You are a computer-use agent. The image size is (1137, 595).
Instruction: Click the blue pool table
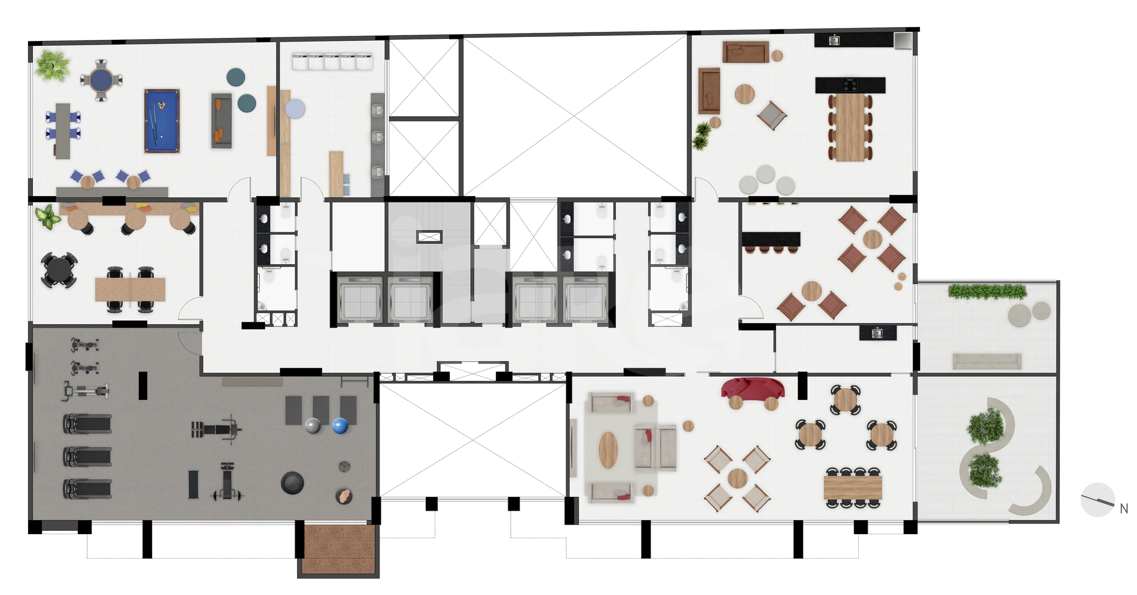[162, 121]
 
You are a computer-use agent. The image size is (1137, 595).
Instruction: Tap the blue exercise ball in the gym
[340, 426]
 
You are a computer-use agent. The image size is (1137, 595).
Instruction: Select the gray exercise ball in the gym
[313, 426]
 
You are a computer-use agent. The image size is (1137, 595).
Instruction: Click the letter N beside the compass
[1124, 509]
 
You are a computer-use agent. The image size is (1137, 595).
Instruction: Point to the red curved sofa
[753, 389]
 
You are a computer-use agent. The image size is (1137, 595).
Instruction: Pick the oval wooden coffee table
[608, 450]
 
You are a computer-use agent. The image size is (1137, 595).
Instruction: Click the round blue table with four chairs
[101, 80]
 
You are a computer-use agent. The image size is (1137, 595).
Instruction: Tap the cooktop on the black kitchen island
[850, 85]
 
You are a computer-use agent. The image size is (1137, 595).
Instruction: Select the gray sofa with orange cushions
[221, 121]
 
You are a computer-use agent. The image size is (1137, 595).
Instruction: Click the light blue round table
[295, 109]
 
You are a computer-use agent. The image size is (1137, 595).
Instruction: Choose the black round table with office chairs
[59, 270]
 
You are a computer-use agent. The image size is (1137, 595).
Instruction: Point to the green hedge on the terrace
[987, 291]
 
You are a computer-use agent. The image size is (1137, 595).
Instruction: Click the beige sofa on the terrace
[987, 361]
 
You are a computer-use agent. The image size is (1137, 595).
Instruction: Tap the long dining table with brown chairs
[850, 127]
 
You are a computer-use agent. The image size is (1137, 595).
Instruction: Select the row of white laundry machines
[332, 62]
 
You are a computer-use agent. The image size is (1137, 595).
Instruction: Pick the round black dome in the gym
[292, 483]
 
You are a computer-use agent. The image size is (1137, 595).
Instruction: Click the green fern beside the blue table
[52, 65]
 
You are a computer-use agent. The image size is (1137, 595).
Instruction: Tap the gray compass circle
[1098, 500]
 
